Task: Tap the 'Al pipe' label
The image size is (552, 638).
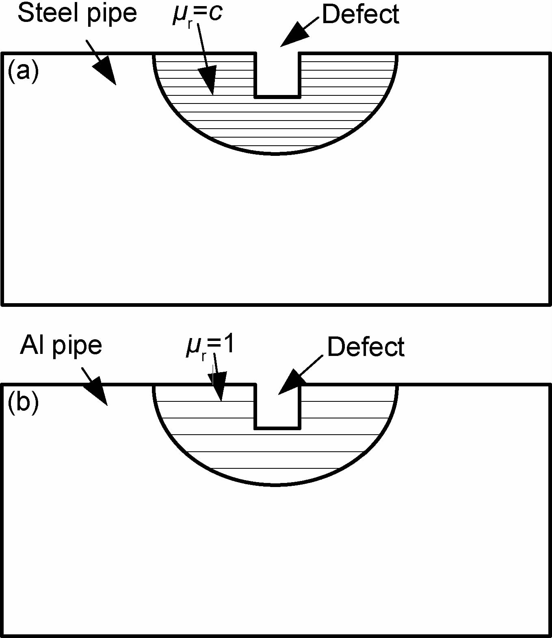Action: (61, 346)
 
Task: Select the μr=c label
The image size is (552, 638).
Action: (198, 15)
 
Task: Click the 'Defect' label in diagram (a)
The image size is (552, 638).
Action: (360, 15)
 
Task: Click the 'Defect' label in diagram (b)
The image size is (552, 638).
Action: (366, 347)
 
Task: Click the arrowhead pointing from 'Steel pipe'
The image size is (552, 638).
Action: (106, 72)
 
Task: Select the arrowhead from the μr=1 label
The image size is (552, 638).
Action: (219, 391)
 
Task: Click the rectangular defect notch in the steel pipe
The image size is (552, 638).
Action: (277, 75)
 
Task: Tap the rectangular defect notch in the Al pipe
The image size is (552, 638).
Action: (277, 406)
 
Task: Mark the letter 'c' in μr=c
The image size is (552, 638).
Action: (216, 13)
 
